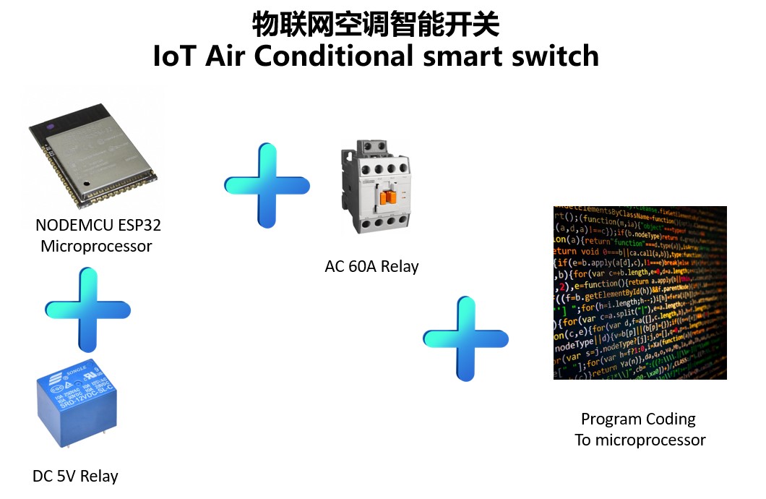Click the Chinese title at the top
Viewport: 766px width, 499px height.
coord(376,25)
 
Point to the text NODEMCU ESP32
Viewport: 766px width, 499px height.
coord(98,225)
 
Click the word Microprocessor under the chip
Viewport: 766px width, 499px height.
coord(96,246)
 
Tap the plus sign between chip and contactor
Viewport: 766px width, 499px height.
coord(267,185)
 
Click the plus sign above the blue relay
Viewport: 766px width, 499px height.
coord(87,310)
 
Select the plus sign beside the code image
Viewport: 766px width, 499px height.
coord(465,338)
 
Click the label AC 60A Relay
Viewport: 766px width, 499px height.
coord(371,266)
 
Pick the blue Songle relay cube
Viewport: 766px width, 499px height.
coord(77,401)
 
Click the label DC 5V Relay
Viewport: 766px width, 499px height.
coord(75,476)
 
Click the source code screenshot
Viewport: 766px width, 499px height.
coord(640,292)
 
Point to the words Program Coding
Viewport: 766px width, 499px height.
coord(638,419)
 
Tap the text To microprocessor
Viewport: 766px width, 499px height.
coord(640,440)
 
